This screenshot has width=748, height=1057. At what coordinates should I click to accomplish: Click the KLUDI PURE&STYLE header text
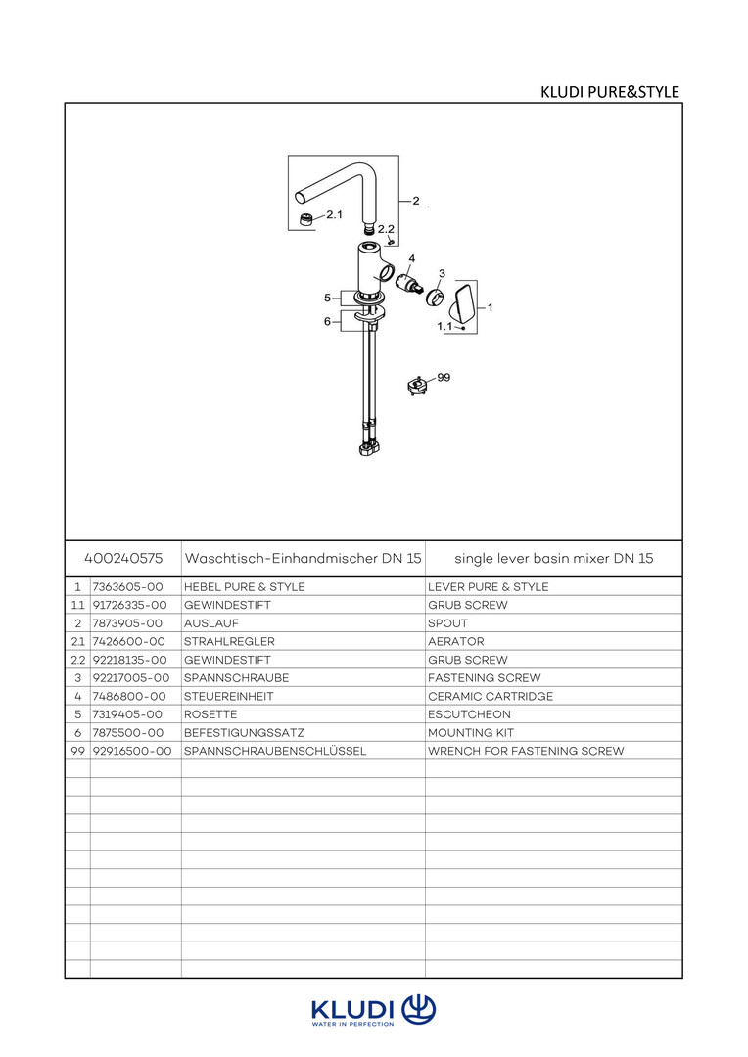[x=609, y=93]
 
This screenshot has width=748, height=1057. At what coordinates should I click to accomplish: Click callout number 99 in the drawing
[x=444, y=377]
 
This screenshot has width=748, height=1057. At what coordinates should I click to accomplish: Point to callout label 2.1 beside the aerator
[x=334, y=214]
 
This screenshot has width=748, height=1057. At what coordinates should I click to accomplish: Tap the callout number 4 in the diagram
[x=411, y=258]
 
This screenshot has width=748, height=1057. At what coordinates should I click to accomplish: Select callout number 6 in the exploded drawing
[x=327, y=321]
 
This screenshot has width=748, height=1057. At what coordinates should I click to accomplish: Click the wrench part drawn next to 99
[x=419, y=386]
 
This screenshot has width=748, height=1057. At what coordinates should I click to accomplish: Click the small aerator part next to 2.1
[x=307, y=218]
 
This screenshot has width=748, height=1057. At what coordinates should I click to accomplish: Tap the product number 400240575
[x=123, y=558]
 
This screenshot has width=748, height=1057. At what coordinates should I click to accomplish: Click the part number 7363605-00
[x=127, y=587]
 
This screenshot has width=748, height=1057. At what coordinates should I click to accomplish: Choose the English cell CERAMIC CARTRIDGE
[x=491, y=696]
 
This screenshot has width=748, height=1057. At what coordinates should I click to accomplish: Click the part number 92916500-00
[x=131, y=751]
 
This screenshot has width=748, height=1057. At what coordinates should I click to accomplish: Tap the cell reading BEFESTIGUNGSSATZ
[x=237, y=732]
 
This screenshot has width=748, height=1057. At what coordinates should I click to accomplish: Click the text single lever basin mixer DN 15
[x=553, y=558]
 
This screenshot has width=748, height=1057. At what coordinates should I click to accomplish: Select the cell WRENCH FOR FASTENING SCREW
[x=526, y=751]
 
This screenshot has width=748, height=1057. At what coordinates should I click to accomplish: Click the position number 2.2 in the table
[x=77, y=660]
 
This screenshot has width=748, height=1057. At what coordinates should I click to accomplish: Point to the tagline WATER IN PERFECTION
[x=352, y=1024]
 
